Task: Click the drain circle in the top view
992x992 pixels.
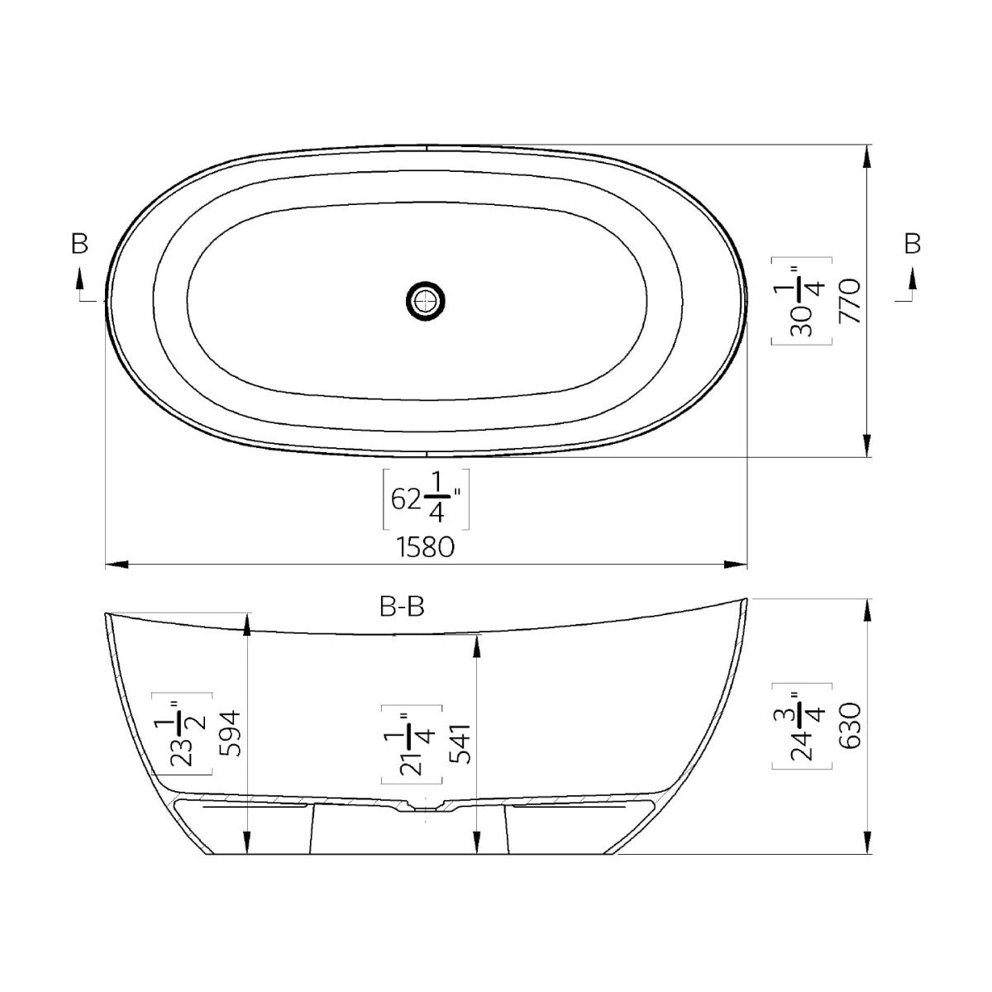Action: point(425,301)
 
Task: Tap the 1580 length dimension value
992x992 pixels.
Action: point(425,546)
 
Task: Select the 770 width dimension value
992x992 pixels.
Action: point(850,301)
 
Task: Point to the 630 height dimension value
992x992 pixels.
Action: point(850,725)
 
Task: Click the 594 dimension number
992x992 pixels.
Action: point(230,733)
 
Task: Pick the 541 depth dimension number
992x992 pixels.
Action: point(460,743)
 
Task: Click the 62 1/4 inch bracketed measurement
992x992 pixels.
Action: point(426,498)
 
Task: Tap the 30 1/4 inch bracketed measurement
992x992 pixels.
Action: point(802,301)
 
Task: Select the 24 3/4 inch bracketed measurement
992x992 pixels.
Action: point(802,726)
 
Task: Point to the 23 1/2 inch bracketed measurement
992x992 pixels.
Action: point(182,733)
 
